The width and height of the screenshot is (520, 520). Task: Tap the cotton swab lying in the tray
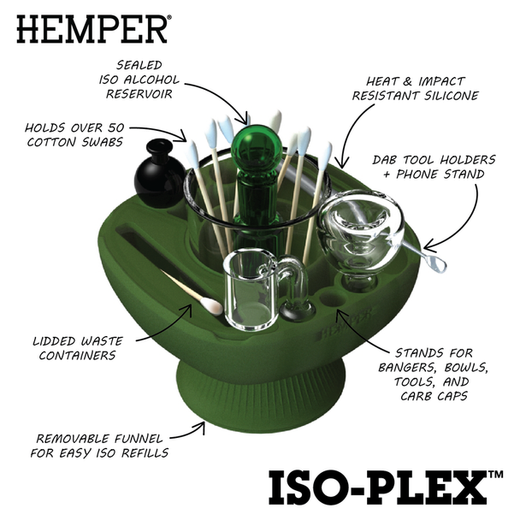[192, 291]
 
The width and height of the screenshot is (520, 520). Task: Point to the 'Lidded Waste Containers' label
[76, 346]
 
